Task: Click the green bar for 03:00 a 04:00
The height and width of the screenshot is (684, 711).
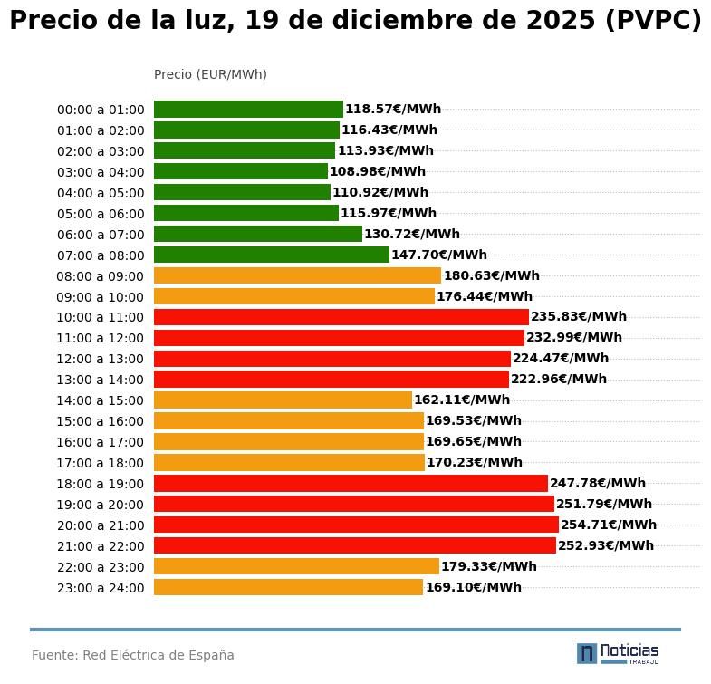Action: coord(240,171)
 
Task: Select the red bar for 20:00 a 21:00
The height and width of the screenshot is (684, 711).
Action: coord(356,525)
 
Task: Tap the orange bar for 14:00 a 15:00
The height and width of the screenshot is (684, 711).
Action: coord(283,400)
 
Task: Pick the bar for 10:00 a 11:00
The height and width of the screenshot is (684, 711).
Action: coord(341,317)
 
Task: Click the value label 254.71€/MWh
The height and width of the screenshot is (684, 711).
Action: coord(609,525)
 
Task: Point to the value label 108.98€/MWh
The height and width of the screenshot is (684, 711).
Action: coord(378,171)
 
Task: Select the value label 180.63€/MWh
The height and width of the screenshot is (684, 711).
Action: coord(491,275)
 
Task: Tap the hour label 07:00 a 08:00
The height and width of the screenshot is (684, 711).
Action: coord(101,255)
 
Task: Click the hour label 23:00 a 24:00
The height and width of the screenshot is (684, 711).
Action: coord(101,588)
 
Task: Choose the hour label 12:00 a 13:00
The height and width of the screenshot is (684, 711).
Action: coord(101,359)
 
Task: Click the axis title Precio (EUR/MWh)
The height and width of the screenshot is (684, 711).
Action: coord(210,74)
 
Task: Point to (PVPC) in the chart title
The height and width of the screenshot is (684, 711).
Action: coord(652,21)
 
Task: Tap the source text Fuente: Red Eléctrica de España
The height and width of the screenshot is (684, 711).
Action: coord(133,655)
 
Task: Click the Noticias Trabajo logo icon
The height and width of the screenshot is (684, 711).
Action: coord(587,653)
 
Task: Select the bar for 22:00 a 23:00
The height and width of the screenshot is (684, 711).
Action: coord(296,566)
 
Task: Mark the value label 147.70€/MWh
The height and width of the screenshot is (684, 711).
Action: coord(439,255)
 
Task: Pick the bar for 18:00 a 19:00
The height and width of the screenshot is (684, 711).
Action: coord(351,483)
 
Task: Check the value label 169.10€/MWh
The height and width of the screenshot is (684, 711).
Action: coord(474,587)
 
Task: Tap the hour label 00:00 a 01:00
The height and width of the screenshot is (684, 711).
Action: coord(101,110)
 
